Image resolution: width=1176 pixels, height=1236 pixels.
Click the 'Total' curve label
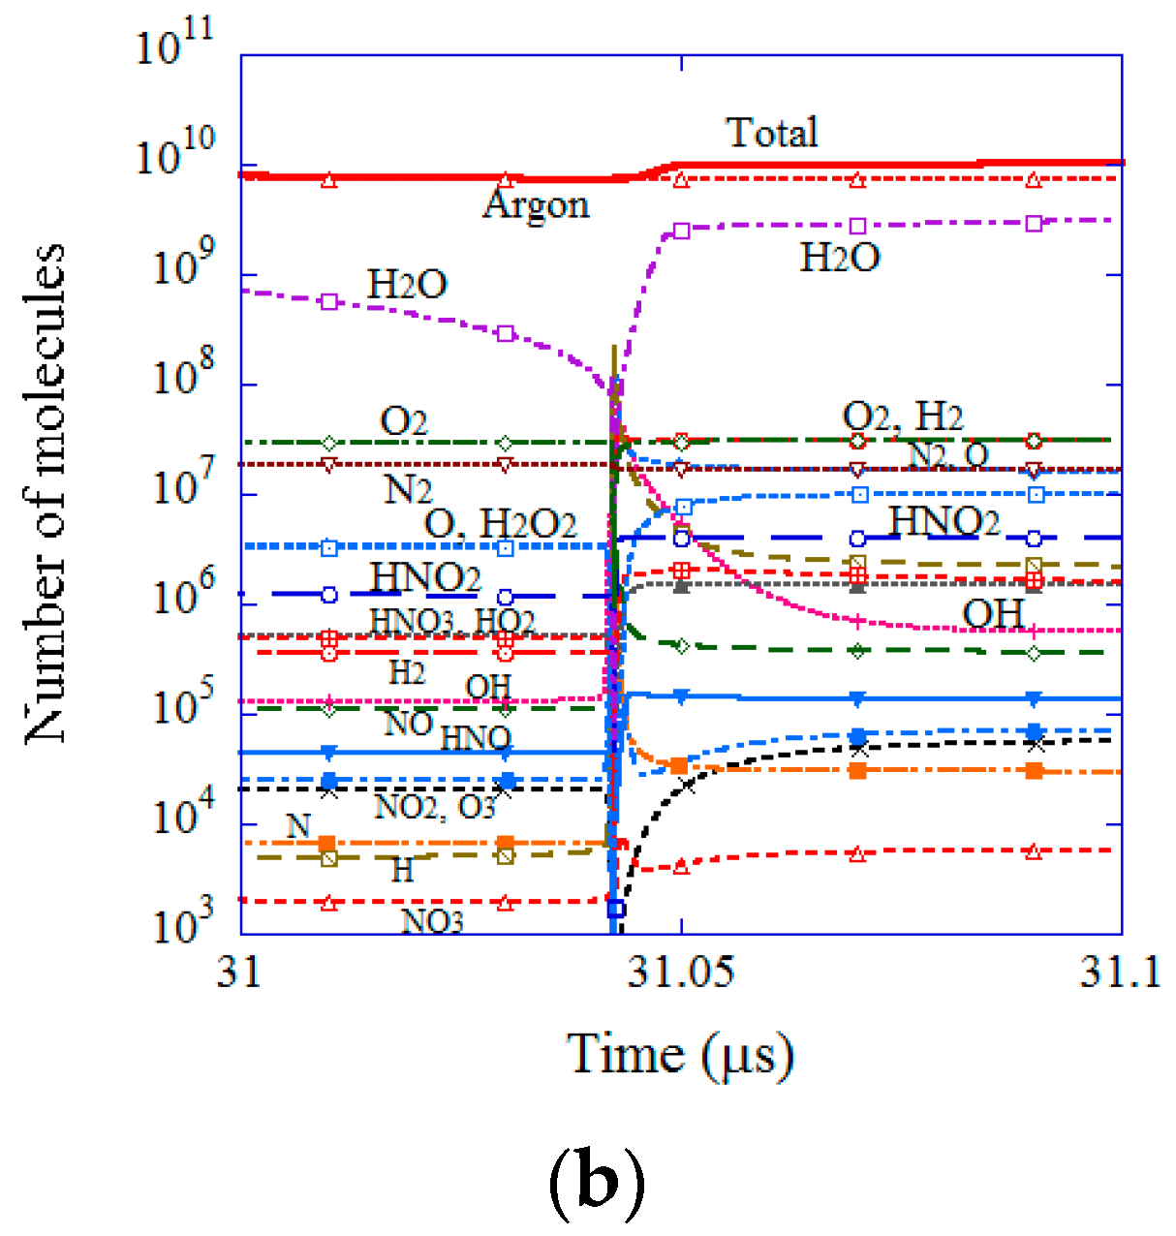772,133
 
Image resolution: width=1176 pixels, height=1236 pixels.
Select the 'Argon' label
536,204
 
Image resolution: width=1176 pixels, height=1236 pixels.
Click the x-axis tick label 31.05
681,972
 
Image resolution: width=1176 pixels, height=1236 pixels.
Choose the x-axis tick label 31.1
1120,972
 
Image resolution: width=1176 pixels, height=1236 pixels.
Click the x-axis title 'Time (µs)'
680,1055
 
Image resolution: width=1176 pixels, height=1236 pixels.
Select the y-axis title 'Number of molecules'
46,494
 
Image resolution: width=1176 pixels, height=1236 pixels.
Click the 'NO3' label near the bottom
432,921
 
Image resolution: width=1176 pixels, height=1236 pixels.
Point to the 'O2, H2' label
903,417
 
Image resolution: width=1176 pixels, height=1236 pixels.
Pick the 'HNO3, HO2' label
452,621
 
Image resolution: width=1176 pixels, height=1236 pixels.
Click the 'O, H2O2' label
500,524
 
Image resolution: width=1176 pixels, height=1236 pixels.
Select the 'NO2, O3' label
435,806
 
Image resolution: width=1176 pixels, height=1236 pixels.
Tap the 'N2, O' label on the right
947,453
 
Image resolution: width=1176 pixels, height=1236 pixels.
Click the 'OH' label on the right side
993,613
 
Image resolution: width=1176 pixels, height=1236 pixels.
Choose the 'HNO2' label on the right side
944,521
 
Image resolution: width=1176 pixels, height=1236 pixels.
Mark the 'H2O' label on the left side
407,285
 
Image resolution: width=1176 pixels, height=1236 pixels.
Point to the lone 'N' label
298,825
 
